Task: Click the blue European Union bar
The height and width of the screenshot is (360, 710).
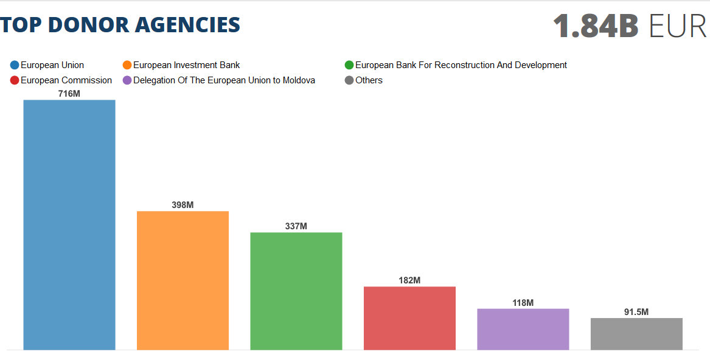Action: [x=69, y=224]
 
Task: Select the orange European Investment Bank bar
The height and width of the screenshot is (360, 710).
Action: [x=183, y=280]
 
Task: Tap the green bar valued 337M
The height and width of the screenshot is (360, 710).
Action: [x=296, y=291]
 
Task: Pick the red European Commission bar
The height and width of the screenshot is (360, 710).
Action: [x=409, y=318]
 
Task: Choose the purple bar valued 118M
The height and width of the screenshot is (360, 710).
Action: [x=523, y=329]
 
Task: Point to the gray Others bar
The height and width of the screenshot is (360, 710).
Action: [x=636, y=334]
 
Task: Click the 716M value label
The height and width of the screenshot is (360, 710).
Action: [x=69, y=94]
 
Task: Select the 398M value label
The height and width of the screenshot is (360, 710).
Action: [x=183, y=205]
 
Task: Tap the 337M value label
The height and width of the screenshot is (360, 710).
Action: [x=296, y=226]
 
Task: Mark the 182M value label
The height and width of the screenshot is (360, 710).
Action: [x=409, y=280]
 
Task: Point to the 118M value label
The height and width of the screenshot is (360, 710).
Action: [x=523, y=303]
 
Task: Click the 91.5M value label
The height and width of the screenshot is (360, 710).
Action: [x=636, y=312]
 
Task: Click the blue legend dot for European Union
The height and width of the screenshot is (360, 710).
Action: [x=15, y=65]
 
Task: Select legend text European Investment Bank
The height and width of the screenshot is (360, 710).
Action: [x=186, y=65]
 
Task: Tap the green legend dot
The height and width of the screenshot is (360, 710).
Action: [x=349, y=65]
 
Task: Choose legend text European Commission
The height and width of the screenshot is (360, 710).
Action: [x=66, y=80]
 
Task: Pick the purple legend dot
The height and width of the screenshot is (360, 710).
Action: [x=127, y=80]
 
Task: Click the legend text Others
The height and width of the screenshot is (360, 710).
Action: [x=369, y=80]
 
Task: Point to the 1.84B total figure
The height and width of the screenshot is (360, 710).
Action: [x=596, y=26]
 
